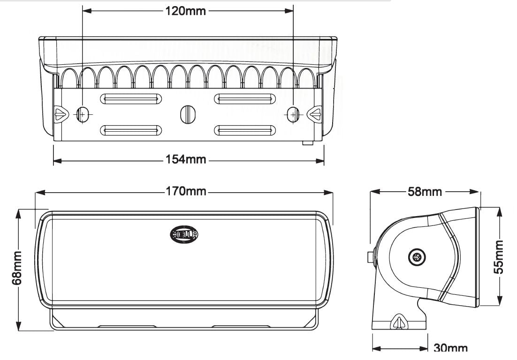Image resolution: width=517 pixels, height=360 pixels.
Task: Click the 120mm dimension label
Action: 185,11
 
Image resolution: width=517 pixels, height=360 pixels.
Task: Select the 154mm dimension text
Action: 186,160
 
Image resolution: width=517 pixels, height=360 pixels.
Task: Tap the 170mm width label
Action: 186,192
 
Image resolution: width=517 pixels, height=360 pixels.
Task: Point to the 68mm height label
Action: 17,268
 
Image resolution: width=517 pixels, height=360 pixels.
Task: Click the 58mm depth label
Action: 426,192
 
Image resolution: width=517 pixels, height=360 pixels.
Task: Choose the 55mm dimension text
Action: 500,256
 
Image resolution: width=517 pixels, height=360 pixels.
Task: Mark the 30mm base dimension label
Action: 450,348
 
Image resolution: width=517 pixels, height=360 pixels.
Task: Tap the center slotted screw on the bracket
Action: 187,113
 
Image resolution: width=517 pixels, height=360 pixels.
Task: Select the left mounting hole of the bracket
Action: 82,114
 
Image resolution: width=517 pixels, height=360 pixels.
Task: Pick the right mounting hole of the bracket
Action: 293,114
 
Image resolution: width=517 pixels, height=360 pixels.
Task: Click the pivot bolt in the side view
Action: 416,256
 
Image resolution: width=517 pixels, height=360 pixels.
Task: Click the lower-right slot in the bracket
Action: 244,130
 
